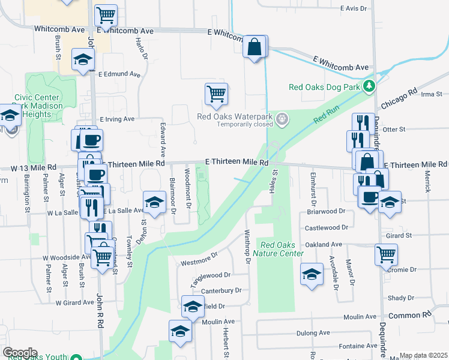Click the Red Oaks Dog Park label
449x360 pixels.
324,87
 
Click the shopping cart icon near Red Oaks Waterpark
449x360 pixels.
216,94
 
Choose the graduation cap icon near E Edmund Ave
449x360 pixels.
83,59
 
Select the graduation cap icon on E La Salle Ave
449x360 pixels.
154,202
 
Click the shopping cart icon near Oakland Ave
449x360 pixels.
386,254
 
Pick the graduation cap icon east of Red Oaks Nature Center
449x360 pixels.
311,275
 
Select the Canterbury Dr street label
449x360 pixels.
221,290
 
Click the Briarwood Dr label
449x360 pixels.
326,211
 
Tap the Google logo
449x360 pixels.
20,352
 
